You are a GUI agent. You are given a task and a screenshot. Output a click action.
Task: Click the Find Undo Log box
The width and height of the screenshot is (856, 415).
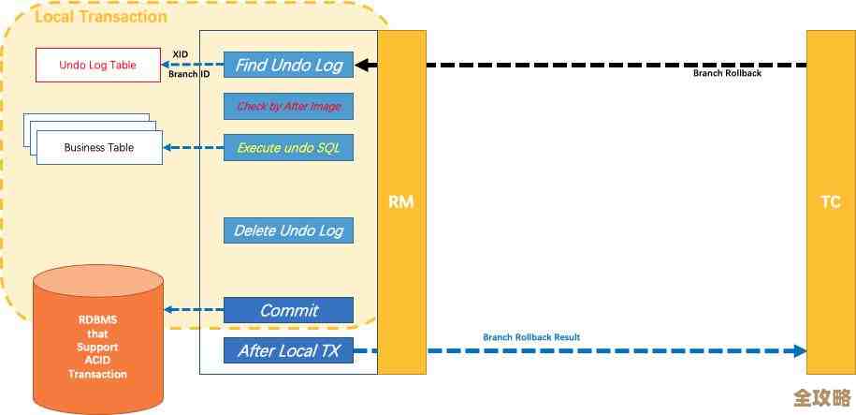[x=288, y=66]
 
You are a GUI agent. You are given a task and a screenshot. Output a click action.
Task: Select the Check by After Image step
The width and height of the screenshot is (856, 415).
[x=288, y=107]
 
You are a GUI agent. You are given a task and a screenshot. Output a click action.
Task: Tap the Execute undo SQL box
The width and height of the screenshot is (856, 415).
[x=288, y=148]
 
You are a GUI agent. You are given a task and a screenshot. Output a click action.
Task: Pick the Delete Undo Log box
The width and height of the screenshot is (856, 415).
[x=288, y=230]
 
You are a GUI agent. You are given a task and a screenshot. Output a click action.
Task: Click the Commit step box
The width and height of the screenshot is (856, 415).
[x=288, y=310]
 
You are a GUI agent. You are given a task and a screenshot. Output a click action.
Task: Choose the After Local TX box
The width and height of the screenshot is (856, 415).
[x=288, y=351]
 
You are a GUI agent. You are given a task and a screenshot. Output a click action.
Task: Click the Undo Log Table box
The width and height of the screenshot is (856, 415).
[x=97, y=66]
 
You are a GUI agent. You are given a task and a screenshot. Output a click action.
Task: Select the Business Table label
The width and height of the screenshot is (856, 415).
[x=98, y=148]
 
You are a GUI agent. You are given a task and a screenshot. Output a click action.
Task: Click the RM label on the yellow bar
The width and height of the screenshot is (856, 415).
[x=401, y=201]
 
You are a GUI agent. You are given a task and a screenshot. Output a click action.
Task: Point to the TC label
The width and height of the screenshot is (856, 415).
[x=830, y=201]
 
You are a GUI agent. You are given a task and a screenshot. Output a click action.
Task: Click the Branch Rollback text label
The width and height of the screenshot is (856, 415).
[x=726, y=73]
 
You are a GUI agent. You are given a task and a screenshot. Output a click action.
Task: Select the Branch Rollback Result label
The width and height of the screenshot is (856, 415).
[x=531, y=337]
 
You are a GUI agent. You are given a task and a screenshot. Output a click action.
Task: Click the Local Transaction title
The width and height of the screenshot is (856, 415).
[x=101, y=16]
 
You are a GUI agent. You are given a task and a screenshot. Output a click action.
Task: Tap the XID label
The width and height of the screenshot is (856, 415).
[x=181, y=54]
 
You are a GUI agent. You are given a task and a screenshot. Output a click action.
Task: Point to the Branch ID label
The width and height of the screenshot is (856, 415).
[x=188, y=73]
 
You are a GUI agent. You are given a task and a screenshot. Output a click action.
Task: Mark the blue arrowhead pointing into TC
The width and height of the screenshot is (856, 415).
[x=800, y=351]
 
